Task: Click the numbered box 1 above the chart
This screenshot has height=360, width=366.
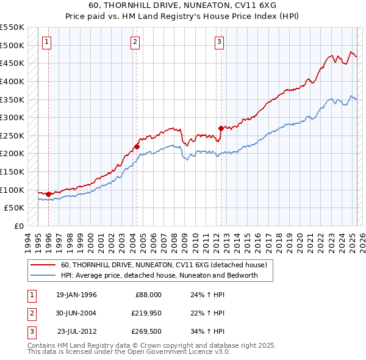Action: point(47,41)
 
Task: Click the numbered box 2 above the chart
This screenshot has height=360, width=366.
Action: point(135,41)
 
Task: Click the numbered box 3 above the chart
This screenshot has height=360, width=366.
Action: point(219,41)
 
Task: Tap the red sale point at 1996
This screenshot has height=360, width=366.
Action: point(48,194)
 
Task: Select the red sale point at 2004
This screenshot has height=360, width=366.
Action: point(137,146)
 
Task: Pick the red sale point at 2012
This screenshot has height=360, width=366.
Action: point(221,128)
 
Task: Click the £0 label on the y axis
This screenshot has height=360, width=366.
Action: point(18,226)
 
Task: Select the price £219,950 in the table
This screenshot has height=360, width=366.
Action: point(146,313)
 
